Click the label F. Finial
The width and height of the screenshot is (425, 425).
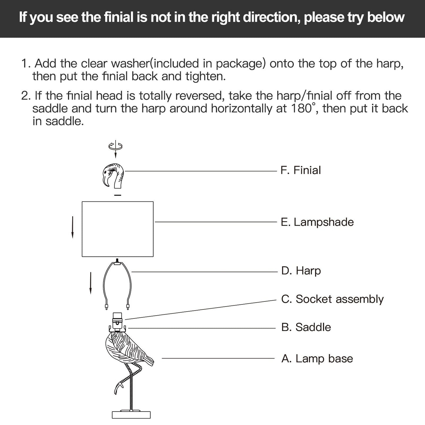pyautogui.click(x=301, y=170)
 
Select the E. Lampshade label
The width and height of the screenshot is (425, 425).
pyautogui.click(x=317, y=222)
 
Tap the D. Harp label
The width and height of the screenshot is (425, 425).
pyautogui.click(x=301, y=271)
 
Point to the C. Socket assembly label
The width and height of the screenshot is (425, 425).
pyautogui.click(x=332, y=299)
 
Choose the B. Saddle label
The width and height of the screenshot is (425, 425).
pyautogui.click(x=306, y=327)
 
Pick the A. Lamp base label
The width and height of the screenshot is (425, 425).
pyautogui.click(x=317, y=359)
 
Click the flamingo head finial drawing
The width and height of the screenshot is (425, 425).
pyautogui.click(x=113, y=175)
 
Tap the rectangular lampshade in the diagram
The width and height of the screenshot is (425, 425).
pyautogui.click(x=117, y=229)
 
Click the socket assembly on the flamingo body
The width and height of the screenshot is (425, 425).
pyautogui.click(x=117, y=318)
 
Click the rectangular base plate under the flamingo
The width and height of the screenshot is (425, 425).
pyautogui.click(x=131, y=415)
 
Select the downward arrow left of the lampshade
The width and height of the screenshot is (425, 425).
pyautogui.click(x=72, y=227)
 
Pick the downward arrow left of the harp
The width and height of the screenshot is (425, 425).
pyautogui.click(x=91, y=283)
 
